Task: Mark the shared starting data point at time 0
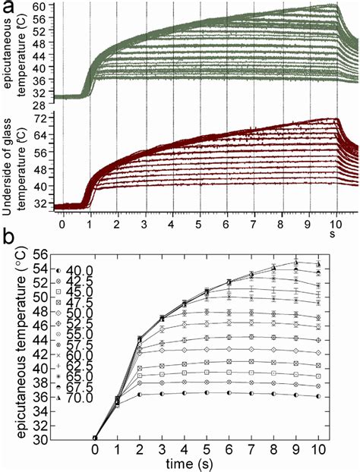click(x=96, y=437)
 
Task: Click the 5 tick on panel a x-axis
click(x=199, y=225)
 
